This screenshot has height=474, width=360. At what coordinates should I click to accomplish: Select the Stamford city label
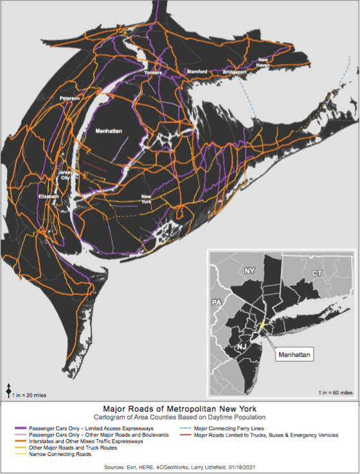pyautogui.click(x=197, y=72)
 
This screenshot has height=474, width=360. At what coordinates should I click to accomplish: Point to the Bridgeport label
pyautogui.click(x=235, y=72)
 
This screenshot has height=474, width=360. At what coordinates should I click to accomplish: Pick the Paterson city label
pyautogui.click(x=69, y=98)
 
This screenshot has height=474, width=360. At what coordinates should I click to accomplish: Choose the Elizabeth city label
pyautogui.click(x=48, y=196)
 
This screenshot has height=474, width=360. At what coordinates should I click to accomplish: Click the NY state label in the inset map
pyautogui.click(x=251, y=271)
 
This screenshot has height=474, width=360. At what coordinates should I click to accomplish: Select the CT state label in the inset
pyautogui.click(x=317, y=273)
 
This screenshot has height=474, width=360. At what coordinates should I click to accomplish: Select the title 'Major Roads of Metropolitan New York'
pyautogui.click(x=179, y=408)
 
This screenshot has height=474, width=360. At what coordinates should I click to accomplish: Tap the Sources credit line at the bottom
pyautogui.click(x=179, y=466)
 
